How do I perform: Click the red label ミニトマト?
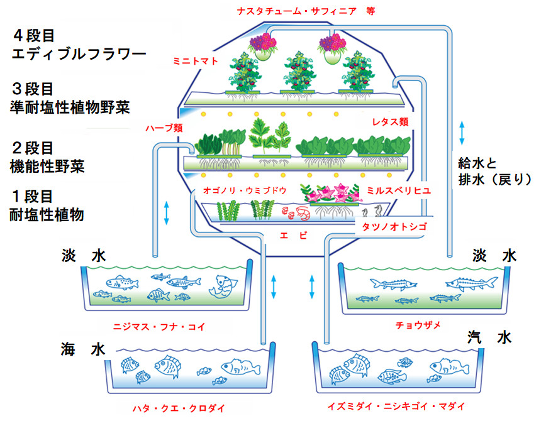coord(195,61)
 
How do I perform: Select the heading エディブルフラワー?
coord(79,53)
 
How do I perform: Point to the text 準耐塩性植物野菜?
coord(70,107)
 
